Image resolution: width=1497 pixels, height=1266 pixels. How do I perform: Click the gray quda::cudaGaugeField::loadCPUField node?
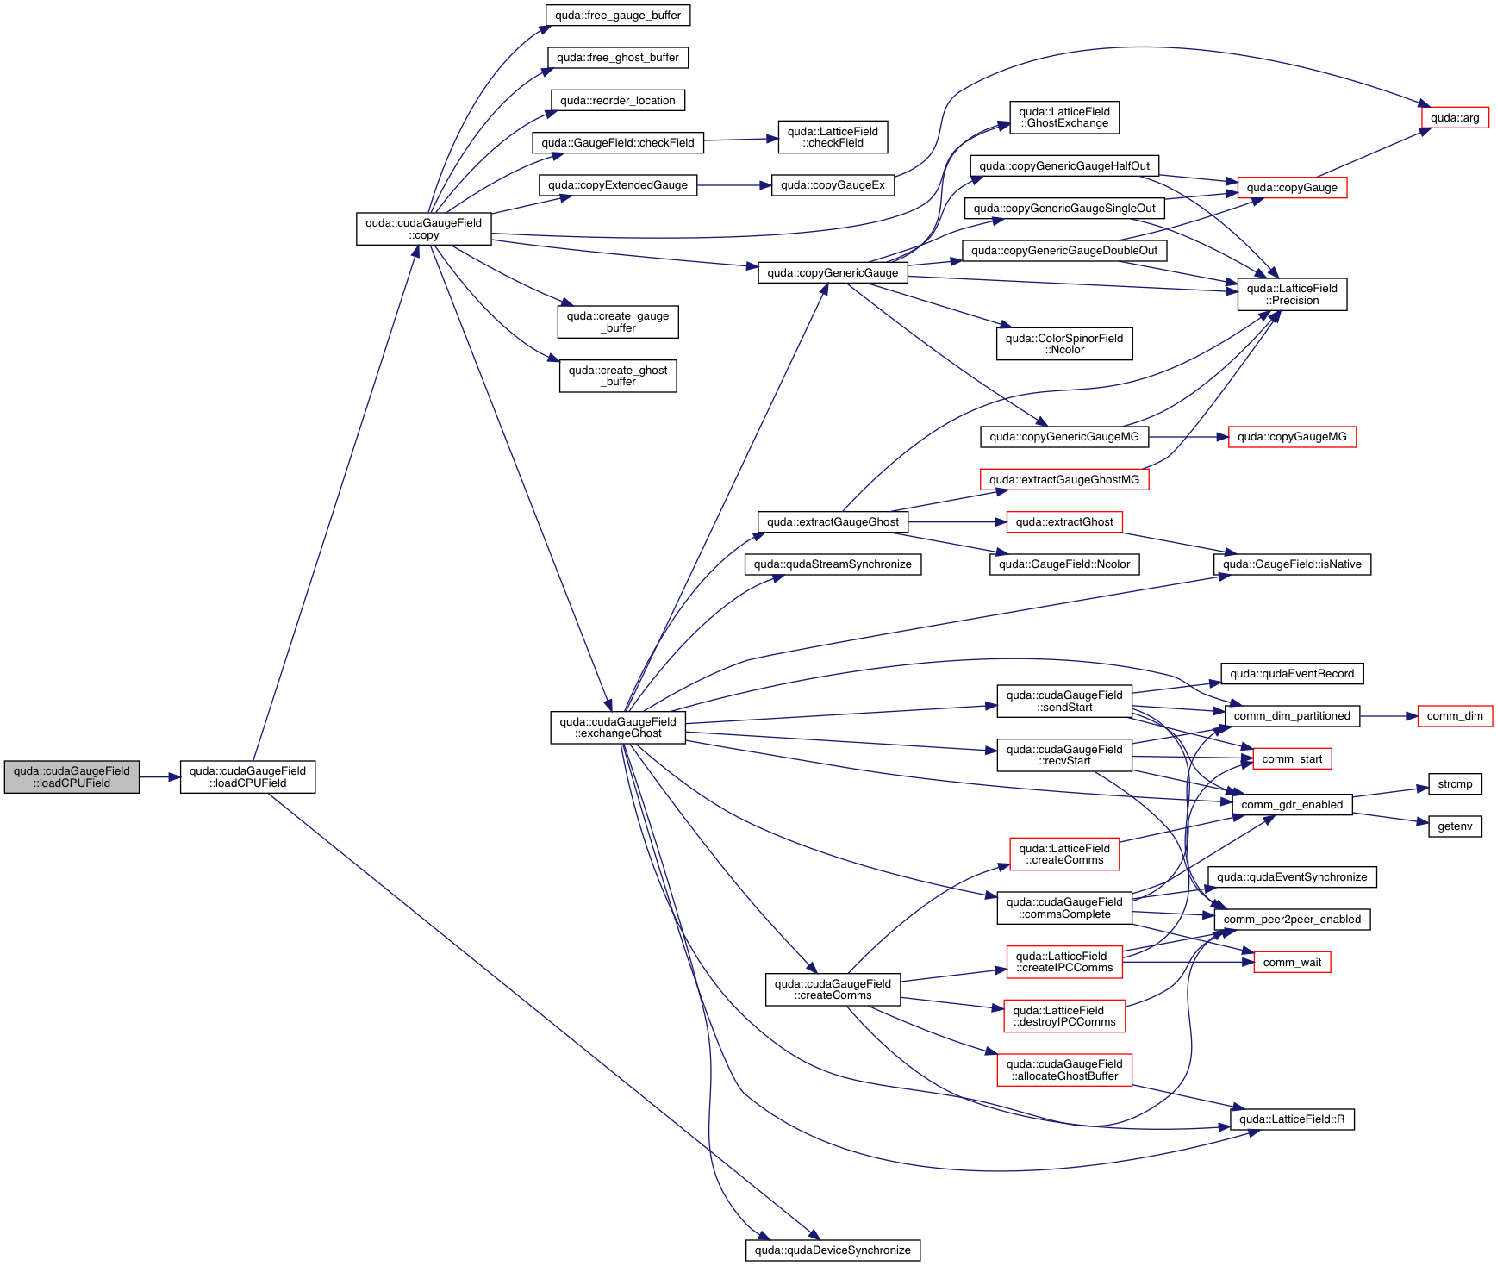[72, 776]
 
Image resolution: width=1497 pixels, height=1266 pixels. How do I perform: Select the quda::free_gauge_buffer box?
[618, 16]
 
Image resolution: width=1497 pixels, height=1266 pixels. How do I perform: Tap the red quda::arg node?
[1454, 118]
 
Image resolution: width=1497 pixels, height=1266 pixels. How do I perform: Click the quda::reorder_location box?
[618, 101]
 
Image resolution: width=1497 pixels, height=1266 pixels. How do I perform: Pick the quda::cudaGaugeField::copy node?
[423, 228]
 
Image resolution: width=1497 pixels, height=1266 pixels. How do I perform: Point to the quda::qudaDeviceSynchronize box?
[833, 1250]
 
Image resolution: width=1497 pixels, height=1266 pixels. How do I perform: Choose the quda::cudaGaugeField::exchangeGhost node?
[618, 727]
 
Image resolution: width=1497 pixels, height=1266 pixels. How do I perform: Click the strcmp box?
[1455, 783]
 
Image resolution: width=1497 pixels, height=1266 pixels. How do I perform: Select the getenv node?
[1455, 826]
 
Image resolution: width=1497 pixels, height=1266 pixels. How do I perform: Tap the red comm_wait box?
[1292, 962]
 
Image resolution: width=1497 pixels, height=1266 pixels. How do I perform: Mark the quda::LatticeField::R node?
[1292, 1119]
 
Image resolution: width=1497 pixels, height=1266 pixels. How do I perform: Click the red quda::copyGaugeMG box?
[1292, 437]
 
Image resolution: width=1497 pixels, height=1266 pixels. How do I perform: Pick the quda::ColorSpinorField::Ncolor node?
[1064, 344]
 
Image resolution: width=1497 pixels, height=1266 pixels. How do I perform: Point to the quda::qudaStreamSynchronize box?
[833, 564]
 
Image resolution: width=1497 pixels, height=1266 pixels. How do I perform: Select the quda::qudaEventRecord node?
[1292, 674]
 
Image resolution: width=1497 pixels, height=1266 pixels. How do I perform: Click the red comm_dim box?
[1455, 716]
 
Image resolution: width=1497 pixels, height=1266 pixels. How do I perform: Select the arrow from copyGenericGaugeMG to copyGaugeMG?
[1188, 437]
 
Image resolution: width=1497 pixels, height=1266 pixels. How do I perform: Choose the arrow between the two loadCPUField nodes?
[159, 776]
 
